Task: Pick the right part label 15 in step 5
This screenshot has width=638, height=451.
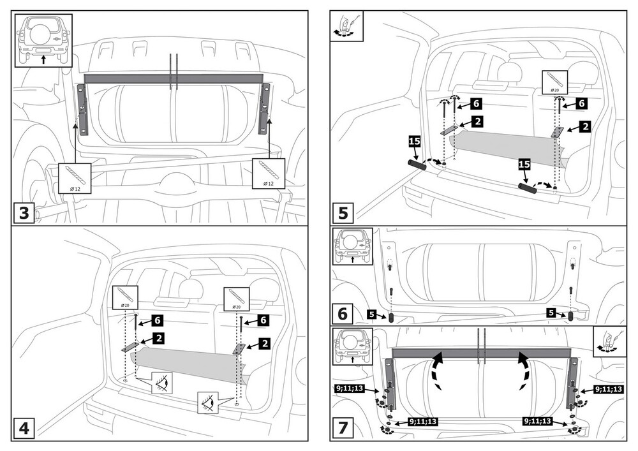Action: (x=524, y=164)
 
